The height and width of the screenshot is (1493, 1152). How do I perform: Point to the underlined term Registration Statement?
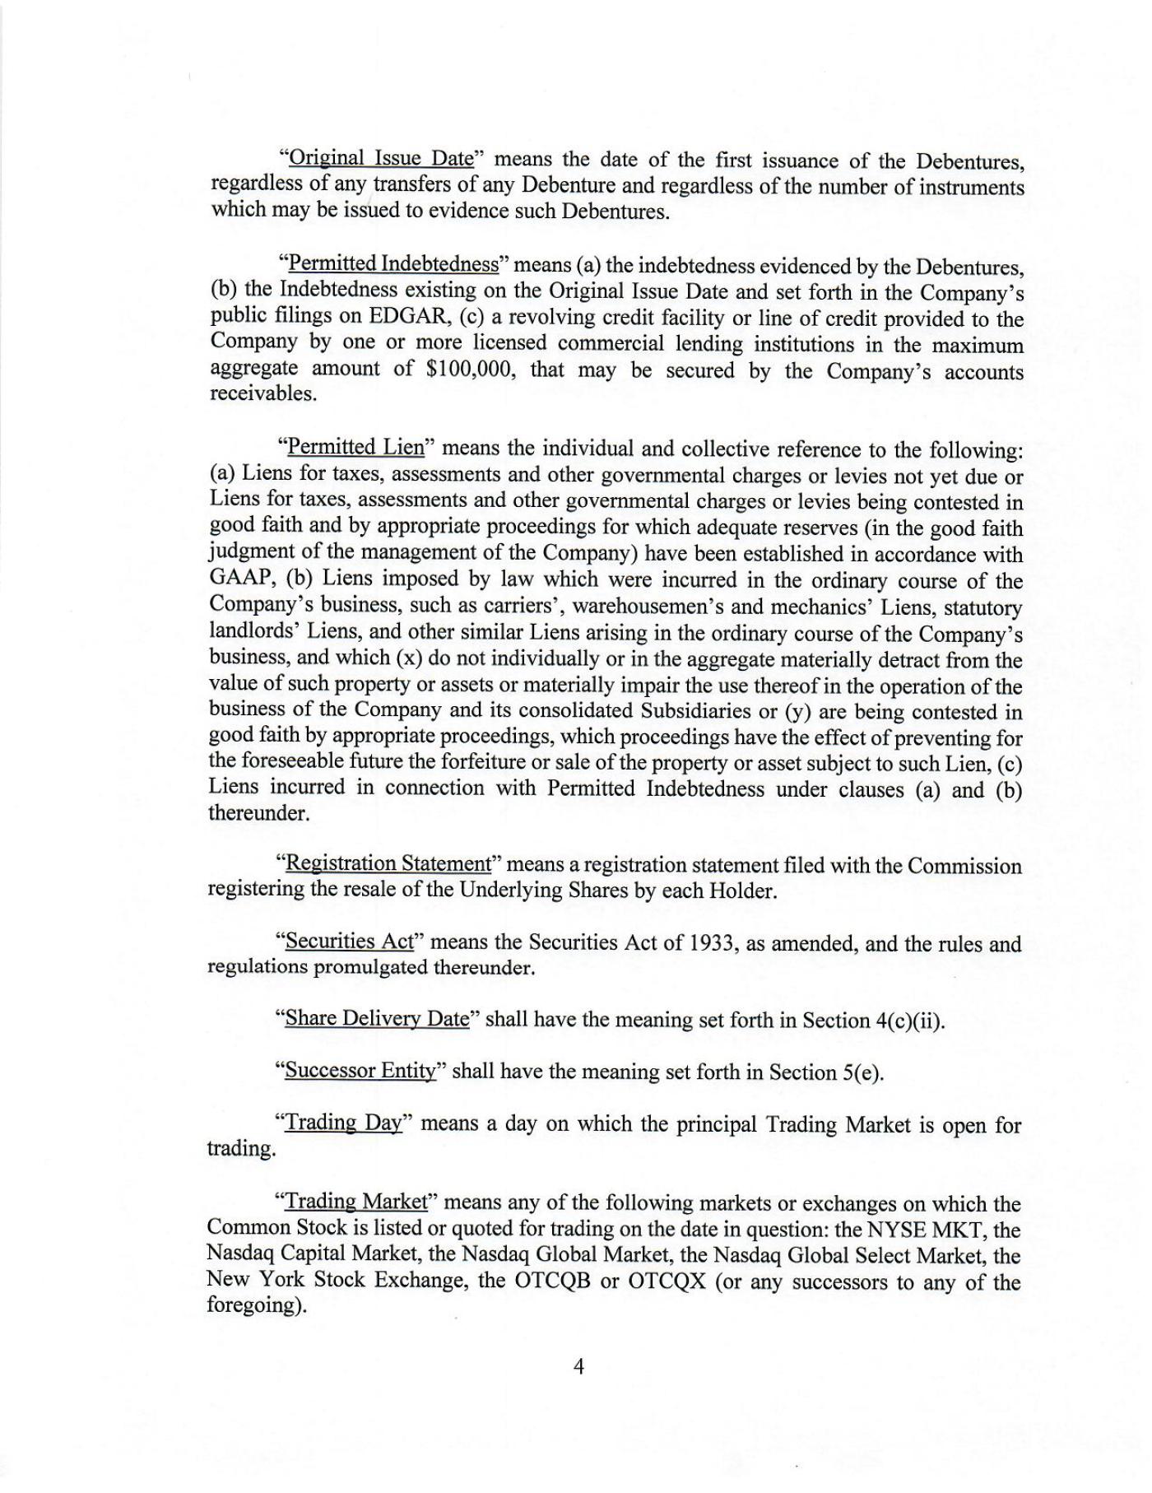pos(387,863)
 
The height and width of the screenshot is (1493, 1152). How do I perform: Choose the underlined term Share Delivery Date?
pos(376,1019)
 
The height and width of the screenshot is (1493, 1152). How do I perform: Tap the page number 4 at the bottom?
pos(578,1367)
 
